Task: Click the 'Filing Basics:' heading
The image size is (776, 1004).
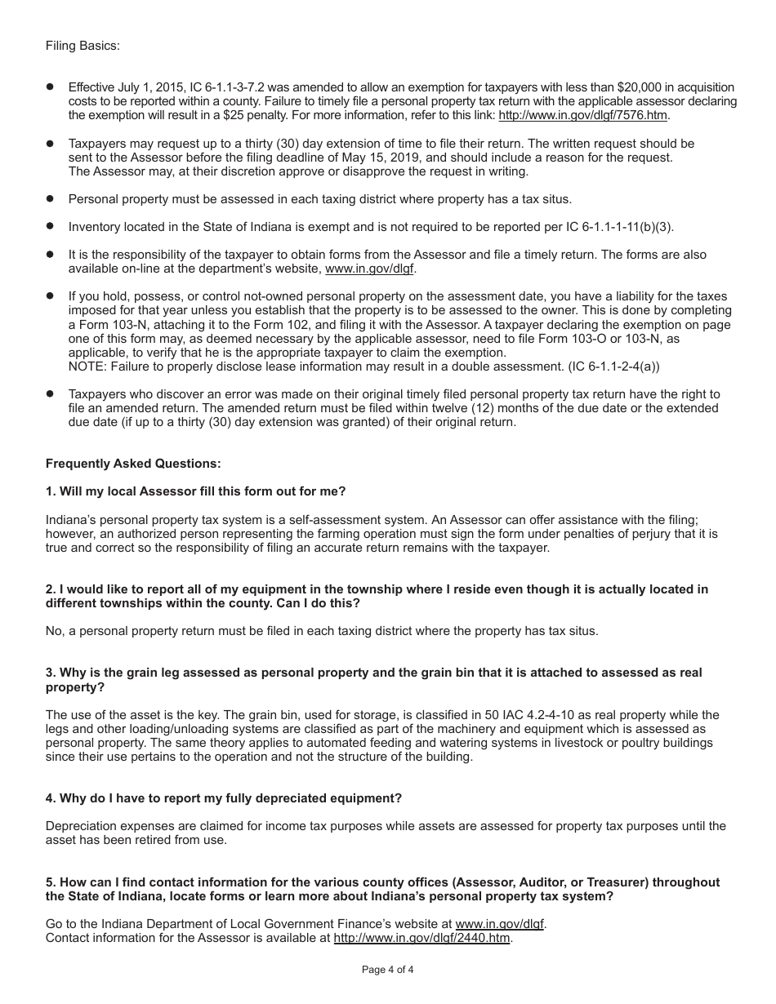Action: (83, 46)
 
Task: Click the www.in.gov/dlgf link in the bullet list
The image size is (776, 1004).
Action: (375, 269)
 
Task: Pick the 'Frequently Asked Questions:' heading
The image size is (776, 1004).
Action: (133, 464)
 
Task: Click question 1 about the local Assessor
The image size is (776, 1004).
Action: (196, 491)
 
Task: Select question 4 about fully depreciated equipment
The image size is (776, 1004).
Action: (224, 798)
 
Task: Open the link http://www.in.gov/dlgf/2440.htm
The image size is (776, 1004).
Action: (422, 938)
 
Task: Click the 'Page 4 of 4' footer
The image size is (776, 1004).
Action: (388, 970)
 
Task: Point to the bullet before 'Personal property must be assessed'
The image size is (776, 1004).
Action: (50, 198)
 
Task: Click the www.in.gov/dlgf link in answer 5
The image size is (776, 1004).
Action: (500, 924)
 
